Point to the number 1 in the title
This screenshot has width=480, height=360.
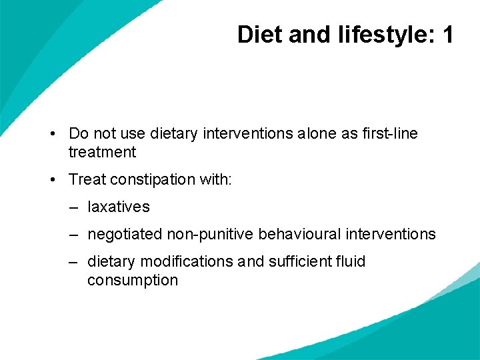click(447, 35)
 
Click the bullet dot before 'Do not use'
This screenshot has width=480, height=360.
click(52, 134)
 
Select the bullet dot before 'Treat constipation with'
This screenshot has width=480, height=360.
click(52, 180)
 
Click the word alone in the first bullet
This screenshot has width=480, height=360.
click(317, 134)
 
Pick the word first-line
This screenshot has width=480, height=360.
click(390, 134)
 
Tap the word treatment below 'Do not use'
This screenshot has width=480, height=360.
click(102, 153)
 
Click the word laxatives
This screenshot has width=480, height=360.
click(119, 207)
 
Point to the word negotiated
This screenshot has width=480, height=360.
click(124, 235)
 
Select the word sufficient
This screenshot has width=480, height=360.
click(299, 262)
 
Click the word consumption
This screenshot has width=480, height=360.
click(133, 281)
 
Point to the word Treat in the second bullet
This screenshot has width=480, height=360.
click(87, 180)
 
